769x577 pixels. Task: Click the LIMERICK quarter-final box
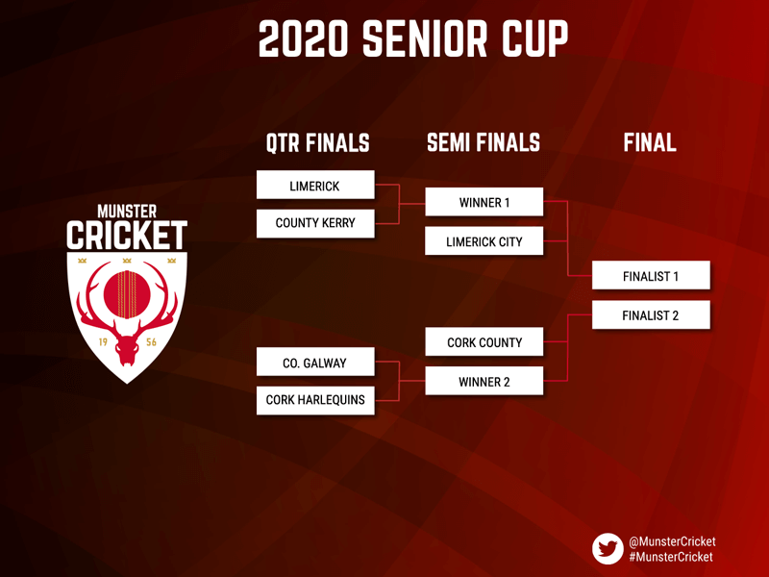(x=315, y=185)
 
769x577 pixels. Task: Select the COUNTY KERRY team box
(x=315, y=224)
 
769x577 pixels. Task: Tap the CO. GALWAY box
(x=315, y=363)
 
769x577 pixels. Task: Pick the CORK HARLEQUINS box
(x=315, y=400)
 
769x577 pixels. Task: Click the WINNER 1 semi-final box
(x=484, y=202)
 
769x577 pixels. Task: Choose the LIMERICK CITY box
(x=484, y=241)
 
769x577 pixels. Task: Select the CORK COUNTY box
(x=484, y=341)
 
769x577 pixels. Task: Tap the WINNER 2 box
(x=484, y=381)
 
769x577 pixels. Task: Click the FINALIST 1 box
(x=651, y=275)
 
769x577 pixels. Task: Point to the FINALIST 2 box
(x=651, y=314)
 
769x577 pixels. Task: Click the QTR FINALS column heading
(x=318, y=142)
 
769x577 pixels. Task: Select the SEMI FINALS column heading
(x=484, y=142)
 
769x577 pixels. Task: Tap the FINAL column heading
(x=650, y=142)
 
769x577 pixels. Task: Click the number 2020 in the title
(x=304, y=38)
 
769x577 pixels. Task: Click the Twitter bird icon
(x=608, y=549)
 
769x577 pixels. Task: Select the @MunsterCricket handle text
(x=672, y=541)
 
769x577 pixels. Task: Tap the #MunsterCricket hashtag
(x=671, y=557)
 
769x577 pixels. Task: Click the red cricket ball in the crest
(x=127, y=294)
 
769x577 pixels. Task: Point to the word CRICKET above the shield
(x=127, y=236)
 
